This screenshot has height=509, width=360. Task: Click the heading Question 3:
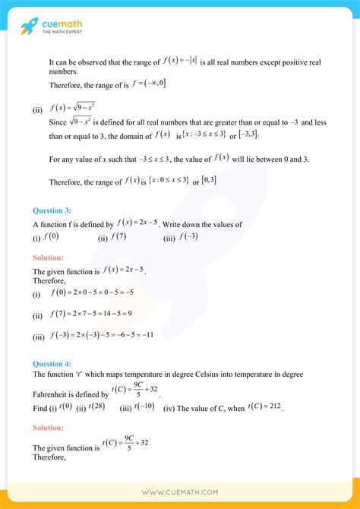(53, 210)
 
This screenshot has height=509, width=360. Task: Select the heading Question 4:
(53, 362)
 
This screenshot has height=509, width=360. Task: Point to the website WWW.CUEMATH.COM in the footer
(179, 493)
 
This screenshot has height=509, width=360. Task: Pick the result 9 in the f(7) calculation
(129, 314)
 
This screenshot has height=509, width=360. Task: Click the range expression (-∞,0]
(150, 83)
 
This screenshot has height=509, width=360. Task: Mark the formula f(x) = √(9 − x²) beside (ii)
(72, 108)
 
